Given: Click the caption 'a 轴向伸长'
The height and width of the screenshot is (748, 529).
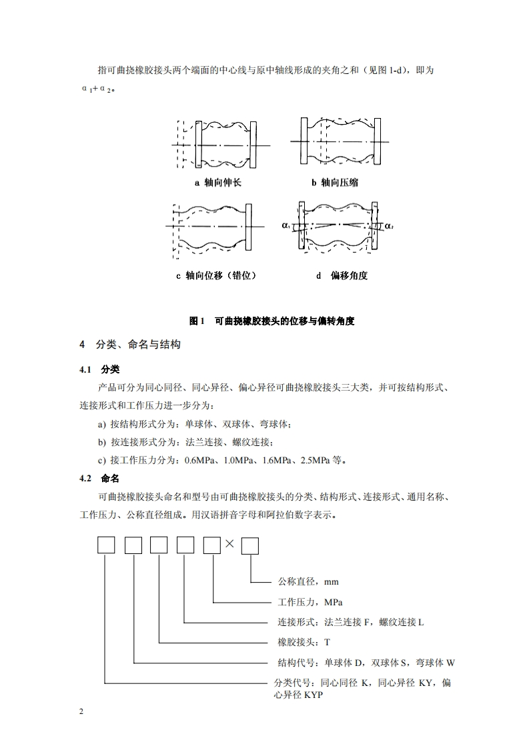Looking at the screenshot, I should click(218, 183).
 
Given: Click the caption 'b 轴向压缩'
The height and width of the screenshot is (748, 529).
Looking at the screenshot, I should click(334, 183).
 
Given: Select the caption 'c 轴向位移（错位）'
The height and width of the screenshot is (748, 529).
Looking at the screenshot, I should click(216, 275).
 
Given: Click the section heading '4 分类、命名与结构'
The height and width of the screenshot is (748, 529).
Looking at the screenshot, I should click(130, 345).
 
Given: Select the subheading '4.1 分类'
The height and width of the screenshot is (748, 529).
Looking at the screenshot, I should click(99, 369).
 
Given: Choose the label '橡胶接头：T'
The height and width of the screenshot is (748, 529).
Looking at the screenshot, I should click(304, 643).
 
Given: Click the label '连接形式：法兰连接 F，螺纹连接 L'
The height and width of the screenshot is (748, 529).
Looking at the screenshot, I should click(350, 622).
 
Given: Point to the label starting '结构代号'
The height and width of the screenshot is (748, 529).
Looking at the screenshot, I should click(366, 663).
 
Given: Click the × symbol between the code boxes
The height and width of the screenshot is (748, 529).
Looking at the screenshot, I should click(229, 544).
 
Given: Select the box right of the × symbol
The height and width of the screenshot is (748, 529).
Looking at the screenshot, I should click(250, 545).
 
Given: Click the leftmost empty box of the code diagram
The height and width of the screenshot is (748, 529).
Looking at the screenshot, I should click(106, 545).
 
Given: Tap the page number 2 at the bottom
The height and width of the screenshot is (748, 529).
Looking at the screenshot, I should click(81, 713).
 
